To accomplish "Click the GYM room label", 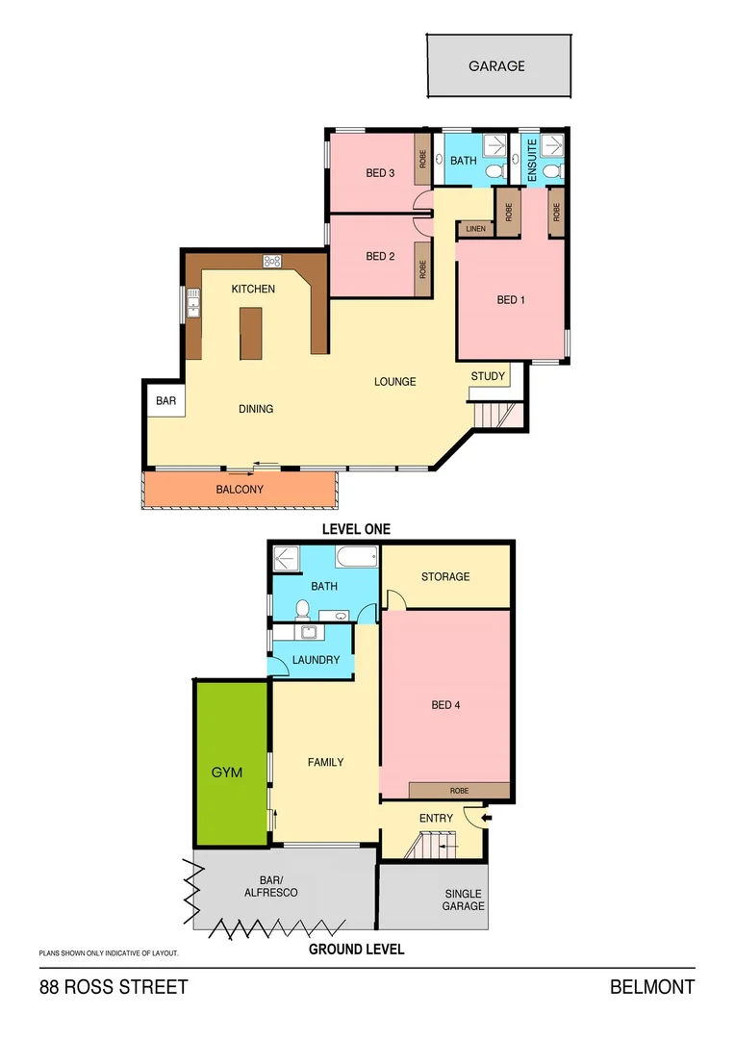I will coord(227,773).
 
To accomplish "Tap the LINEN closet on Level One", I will coord(475,229).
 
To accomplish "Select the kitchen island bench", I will coord(251,334).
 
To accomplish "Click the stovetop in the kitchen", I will coord(271,260).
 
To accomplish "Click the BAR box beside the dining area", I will coord(165,400).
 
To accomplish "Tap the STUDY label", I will coord(488,376).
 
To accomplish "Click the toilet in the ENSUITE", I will coord(549,172).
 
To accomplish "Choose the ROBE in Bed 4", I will coord(459,790).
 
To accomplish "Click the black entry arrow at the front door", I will coord(486,818).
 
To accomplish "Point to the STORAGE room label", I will coord(445,576).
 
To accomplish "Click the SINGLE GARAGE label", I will coord(463,900).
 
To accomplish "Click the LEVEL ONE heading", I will coord(357,529).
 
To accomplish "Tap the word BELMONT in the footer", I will coord(651,986).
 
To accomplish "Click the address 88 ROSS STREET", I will coord(114,986).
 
